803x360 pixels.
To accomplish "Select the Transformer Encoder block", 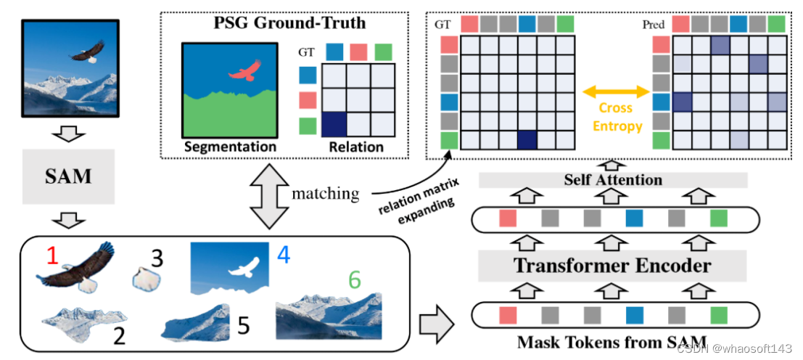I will [612, 266].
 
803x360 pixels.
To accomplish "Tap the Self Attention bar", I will [612, 180].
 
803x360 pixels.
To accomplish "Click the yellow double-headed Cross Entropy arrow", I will [615, 92].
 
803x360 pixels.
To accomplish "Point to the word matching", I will [325, 193].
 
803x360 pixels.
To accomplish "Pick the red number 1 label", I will [51, 255].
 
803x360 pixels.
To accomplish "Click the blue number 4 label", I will [284, 255].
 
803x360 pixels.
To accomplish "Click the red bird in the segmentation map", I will [244, 71].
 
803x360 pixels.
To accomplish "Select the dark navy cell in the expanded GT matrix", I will [527, 139].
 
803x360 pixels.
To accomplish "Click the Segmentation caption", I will [230, 147].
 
